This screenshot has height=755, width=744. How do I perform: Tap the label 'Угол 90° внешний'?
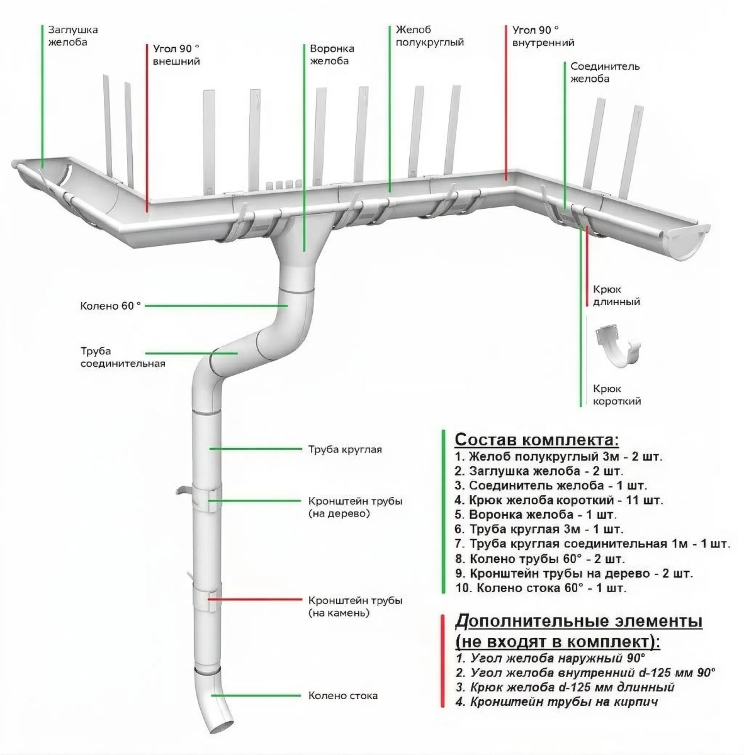pyautogui.click(x=176, y=55)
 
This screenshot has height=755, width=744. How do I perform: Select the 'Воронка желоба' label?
pyautogui.click(x=332, y=55)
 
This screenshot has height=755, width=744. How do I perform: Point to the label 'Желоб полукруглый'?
pyautogui.click(x=430, y=36)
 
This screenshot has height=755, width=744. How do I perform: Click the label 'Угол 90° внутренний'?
pyautogui.click(x=543, y=36)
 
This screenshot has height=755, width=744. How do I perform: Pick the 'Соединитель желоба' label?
pyautogui.click(x=605, y=72)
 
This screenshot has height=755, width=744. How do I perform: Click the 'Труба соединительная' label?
pyautogui.click(x=123, y=357)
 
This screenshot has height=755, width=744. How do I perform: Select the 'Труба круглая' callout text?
pyautogui.click(x=345, y=450)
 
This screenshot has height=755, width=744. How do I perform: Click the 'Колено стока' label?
pyautogui.click(x=343, y=696)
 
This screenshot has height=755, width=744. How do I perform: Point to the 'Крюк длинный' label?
pyautogui.click(x=616, y=296)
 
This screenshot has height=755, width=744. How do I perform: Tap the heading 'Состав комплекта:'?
pyautogui.click(x=536, y=439)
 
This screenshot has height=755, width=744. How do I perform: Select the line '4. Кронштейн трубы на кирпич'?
pyautogui.click(x=558, y=702)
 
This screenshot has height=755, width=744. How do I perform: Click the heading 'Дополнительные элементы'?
pyautogui.click(x=578, y=622)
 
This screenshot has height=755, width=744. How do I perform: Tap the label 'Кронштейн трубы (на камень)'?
pyautogui.click(x=355, y=607)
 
